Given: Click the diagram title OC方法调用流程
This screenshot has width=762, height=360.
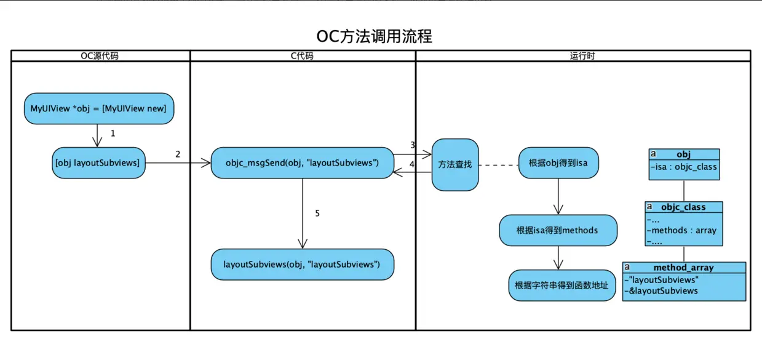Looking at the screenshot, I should [x=375, y=36].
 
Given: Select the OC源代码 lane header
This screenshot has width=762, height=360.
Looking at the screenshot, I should [x=100, y=56].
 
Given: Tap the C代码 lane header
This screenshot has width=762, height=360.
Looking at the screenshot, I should [x=302, y=56].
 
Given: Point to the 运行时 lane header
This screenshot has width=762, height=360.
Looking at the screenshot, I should [x=582, y=56].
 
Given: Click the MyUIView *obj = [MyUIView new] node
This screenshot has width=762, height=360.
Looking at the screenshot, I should [x=98, y=109].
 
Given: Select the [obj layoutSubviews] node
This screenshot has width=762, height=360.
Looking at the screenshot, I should [x=97, y=162].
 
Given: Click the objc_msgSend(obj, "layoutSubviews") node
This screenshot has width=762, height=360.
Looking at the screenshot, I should [x=302, y=162].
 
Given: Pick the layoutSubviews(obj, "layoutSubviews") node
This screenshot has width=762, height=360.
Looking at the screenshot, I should [x=302, y=264].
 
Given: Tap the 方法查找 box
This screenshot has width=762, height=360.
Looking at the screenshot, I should [x=455, y=164].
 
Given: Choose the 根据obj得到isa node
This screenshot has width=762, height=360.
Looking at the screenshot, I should [x=558, y=163].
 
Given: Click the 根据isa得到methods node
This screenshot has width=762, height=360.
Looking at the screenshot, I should [x=557, y=230].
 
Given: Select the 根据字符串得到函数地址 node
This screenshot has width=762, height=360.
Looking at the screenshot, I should [x=562, y=286].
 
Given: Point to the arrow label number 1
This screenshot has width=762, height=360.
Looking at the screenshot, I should [x=113, y=133].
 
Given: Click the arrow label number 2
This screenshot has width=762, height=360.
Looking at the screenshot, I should [x=178, y=154].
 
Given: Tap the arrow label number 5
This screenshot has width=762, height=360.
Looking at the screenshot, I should [x=317, y=214].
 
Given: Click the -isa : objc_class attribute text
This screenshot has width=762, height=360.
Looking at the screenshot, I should [x=684, y=166].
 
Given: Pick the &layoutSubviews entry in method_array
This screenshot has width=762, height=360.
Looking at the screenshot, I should [x=661, y=290].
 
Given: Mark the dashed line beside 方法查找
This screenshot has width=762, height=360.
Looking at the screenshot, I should [x=498, y=165].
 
